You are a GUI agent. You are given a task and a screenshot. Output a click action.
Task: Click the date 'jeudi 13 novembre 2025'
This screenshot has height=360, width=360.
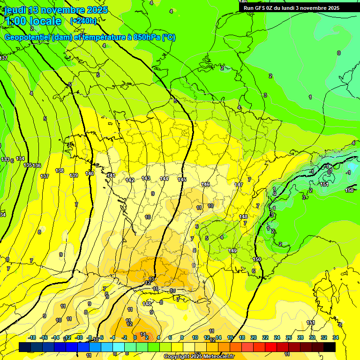pos(55,10)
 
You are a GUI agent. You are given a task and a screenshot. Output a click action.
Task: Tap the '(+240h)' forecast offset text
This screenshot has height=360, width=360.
pos(83,21)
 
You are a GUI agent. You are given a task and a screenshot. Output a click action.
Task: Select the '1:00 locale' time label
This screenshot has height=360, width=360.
pos(33,21)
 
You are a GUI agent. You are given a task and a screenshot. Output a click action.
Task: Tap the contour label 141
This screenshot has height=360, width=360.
pos(111,176)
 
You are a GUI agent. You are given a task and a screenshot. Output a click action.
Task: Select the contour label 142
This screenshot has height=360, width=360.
pos(130,180)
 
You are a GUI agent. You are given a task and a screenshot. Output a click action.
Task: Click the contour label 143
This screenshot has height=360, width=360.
pos(146,178)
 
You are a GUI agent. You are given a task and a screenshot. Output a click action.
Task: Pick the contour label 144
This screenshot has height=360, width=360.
pos(164,179)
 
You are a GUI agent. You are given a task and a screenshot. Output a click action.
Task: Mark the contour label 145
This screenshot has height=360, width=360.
pos(182,180)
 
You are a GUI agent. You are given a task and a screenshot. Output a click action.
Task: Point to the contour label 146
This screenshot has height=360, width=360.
pos(205,184)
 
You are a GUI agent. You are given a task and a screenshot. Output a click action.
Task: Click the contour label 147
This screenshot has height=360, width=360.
pos(239,185)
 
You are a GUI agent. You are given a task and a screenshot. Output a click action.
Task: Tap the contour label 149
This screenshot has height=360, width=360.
pos(232,251)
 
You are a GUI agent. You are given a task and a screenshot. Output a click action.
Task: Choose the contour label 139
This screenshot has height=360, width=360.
pos(74,175)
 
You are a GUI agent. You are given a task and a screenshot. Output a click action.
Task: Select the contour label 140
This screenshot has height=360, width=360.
pos(90,173)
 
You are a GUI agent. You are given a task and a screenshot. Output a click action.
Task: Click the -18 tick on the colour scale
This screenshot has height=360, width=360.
pos(32,338)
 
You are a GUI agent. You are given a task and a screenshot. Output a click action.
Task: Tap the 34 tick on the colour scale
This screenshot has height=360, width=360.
pos(336,338)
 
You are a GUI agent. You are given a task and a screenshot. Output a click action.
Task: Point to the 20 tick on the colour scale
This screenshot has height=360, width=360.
pos(254,338)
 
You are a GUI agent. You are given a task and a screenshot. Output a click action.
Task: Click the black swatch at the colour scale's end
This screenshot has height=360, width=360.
pos(330,347)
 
